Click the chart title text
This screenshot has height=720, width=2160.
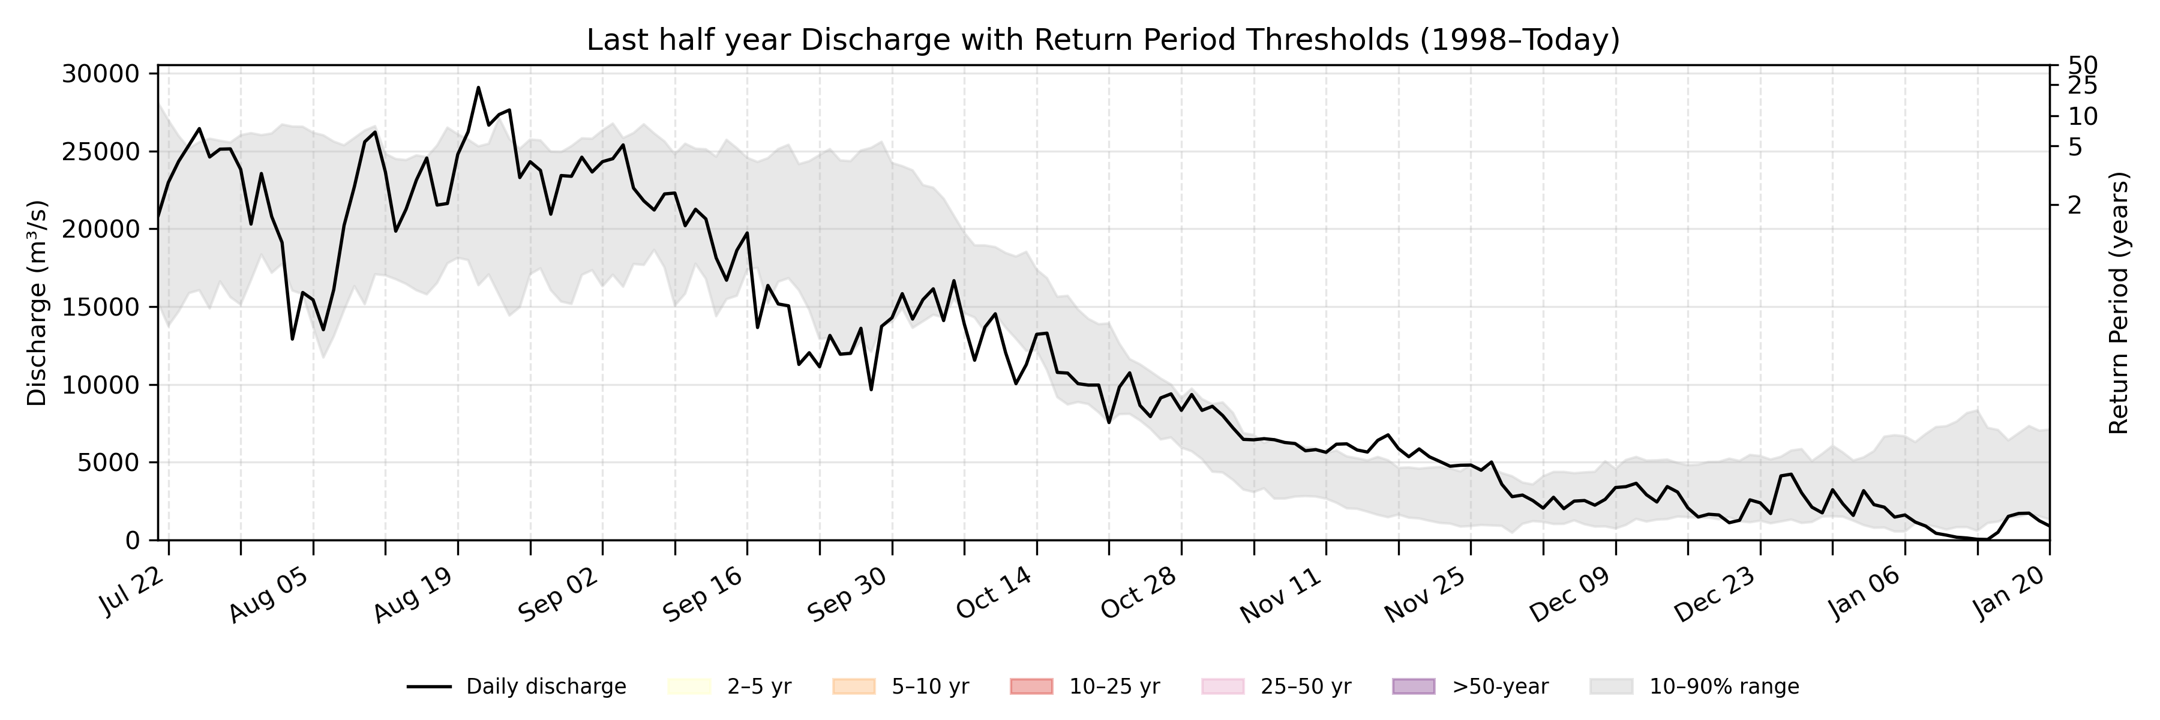pos(1103,40)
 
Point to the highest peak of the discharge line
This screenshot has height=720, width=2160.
pos(478,87)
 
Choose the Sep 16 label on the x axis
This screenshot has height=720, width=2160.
pos(703,594)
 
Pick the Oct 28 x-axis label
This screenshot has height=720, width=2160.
pos(1139,594)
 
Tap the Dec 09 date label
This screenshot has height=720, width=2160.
pos(1570,594)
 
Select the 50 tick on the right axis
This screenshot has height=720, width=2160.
pos(2083,65)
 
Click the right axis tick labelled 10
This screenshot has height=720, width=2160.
pos(2083,116)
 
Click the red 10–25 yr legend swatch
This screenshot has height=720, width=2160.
pos(1031,686)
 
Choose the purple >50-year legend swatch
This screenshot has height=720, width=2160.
pos(1414,686)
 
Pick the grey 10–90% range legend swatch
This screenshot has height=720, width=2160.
pos(1611,686)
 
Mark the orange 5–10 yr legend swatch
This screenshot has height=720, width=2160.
pos(854,686)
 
